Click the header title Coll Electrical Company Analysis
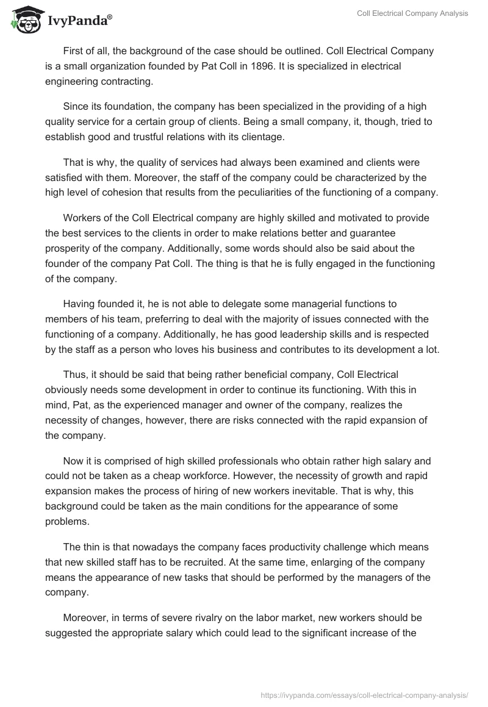412,13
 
